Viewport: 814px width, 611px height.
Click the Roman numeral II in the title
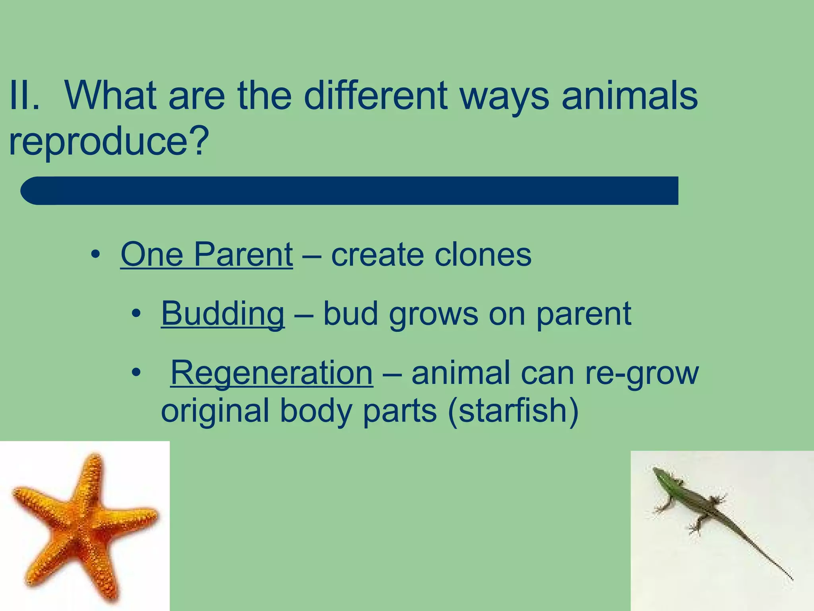24,96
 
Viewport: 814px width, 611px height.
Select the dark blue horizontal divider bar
350,191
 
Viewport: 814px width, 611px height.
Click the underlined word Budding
223,314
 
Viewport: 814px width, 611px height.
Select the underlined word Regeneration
272,373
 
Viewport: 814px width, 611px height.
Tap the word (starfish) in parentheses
513,411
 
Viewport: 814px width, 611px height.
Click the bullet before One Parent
95,255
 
